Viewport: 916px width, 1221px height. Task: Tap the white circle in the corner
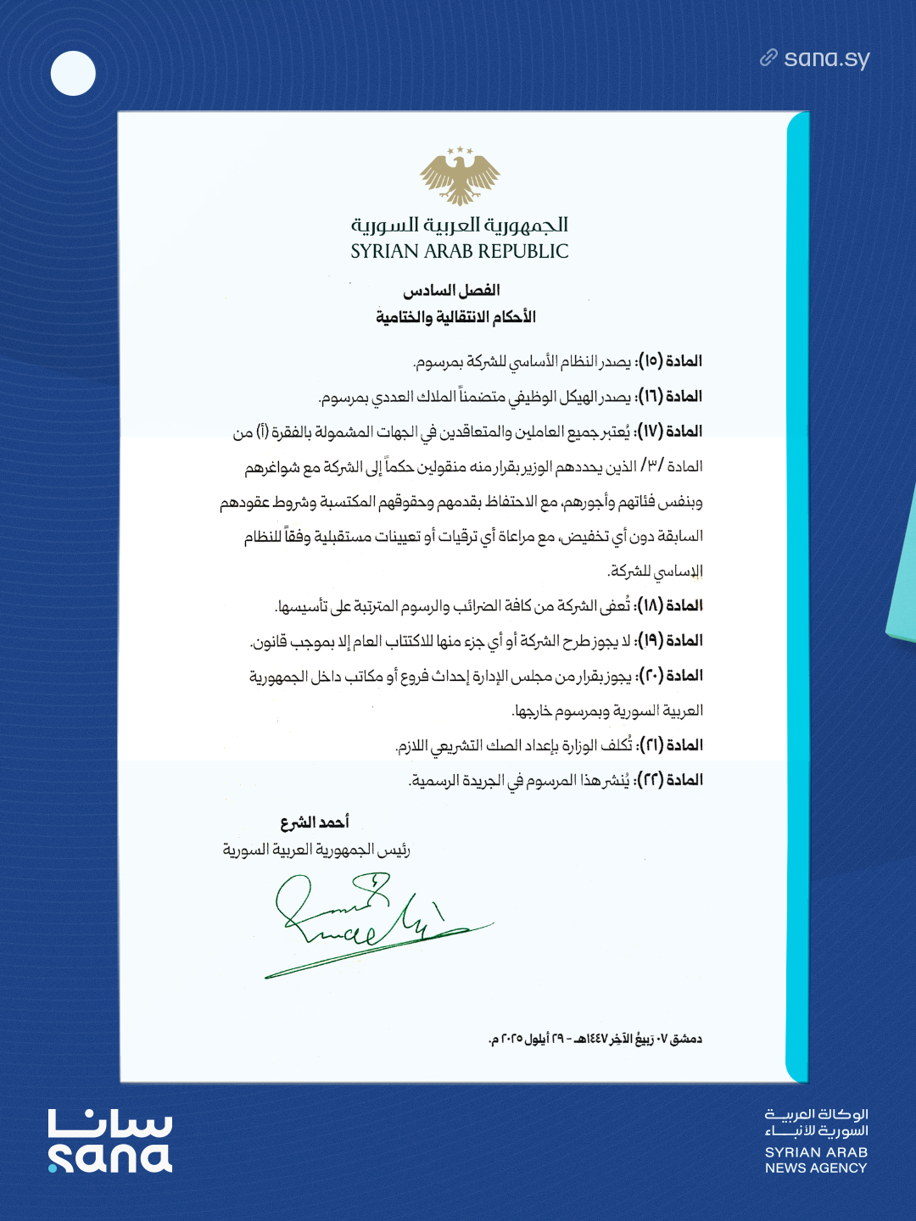pos(73,74)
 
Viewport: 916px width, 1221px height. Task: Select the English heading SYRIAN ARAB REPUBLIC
pos(460,252)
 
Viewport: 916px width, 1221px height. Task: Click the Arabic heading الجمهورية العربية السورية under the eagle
pos(460,225)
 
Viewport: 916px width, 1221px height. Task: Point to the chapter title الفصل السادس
pos(451,291)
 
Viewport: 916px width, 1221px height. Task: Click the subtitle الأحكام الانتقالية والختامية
pos(455,317)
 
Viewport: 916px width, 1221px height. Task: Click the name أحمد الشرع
pos(315,822)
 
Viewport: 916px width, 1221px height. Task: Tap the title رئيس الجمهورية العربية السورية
pos(316,850)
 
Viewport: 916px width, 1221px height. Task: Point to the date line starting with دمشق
pos(595,1039)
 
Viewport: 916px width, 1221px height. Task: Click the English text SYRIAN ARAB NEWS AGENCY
pos(816,1160)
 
